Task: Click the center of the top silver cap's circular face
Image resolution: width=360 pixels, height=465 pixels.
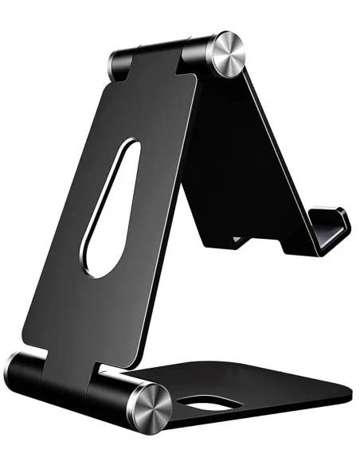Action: (229, 55)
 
